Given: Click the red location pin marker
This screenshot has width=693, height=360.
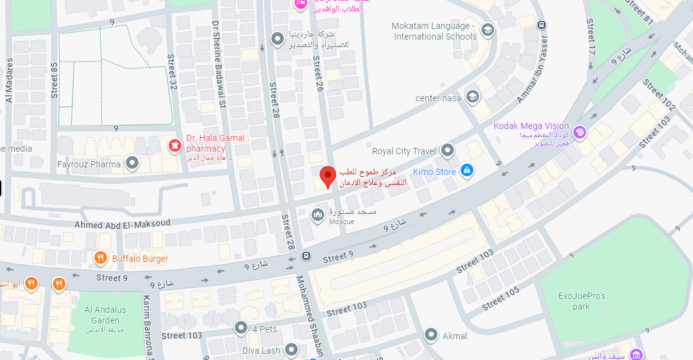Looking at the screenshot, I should [327, 177].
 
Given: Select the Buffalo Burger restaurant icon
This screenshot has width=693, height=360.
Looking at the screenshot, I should [100, 258].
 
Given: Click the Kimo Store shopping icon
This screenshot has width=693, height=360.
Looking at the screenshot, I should [466, 170].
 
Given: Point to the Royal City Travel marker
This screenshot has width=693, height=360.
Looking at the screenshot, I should [447, 150].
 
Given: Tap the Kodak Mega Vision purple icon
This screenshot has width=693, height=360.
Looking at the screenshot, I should [580, 132].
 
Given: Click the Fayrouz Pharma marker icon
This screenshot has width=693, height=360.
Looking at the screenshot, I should [132, 164].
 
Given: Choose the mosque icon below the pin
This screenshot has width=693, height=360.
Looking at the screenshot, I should [318, 215].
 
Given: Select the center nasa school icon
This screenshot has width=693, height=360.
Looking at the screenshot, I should [472, 97].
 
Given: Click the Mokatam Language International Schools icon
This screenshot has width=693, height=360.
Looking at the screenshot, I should [487, 30].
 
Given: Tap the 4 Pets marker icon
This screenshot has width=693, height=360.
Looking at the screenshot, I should [241, 328].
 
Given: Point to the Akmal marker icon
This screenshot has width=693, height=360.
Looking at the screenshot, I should [431, 335].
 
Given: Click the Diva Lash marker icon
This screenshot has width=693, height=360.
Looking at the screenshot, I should [291, 350].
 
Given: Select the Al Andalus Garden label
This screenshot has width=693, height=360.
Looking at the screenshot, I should [105, 315].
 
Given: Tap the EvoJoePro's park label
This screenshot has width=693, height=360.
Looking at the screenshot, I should [582, 300].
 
